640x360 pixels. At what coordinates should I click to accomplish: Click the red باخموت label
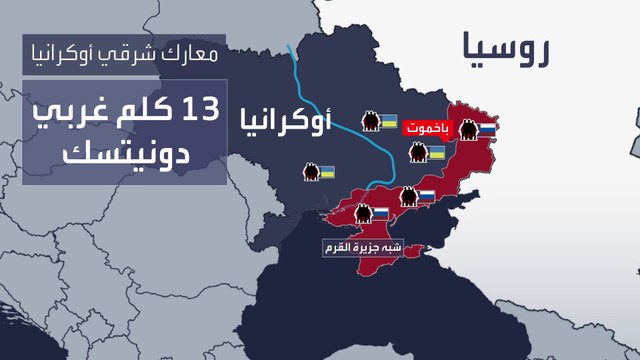(428, 129)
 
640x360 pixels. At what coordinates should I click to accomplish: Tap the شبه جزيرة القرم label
(362, 246)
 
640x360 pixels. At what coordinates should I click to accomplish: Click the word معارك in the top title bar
(187, 53)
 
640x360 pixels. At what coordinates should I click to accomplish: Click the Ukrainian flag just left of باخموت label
(390, 121)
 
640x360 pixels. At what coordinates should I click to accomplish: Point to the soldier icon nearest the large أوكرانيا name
(370, 122)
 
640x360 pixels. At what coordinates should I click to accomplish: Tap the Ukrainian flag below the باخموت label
(436, 153)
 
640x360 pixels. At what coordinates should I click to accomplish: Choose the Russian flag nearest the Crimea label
(381, 213)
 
